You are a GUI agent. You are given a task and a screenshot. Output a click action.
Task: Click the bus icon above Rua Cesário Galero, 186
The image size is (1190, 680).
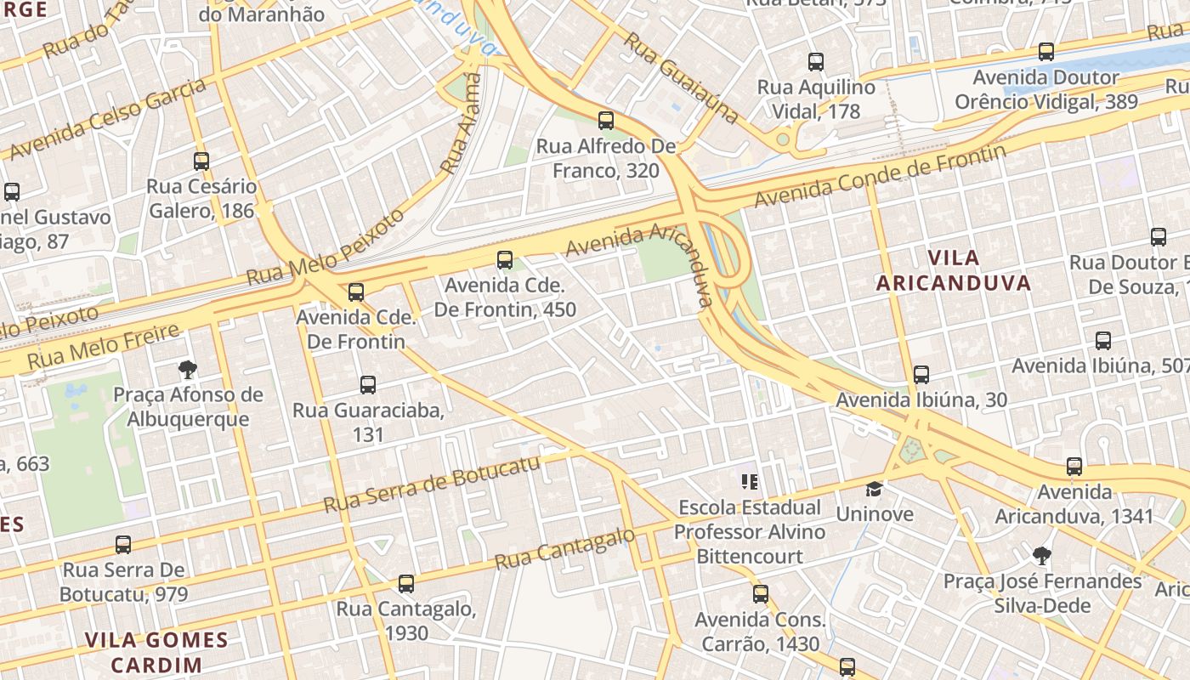[x=201, y=161]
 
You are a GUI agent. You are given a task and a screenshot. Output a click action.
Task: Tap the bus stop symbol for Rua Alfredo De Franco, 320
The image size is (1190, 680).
[x=606, y=121]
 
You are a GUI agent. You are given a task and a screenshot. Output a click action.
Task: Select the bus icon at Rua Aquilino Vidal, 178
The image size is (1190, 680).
[x=816, y=62]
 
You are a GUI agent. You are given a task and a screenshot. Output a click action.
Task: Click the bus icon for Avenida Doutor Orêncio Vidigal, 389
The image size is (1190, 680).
[x=1046, y=52]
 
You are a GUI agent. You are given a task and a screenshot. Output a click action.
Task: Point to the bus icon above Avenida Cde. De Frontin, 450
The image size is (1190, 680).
[x=505, y=260]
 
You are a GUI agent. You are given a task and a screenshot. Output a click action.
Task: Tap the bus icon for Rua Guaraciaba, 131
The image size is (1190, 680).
[x=368, y=385]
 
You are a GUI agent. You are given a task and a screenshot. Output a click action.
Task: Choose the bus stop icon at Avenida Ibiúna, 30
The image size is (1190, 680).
[x=921, y=374]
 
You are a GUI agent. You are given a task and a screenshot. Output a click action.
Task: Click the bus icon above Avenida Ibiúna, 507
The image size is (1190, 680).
[x=1103, y=341]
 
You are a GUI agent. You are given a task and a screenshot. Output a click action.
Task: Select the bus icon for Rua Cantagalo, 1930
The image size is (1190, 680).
[x=406, y=584]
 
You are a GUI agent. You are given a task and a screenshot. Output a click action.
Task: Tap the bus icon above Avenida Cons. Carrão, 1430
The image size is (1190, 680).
[x=761, y=594]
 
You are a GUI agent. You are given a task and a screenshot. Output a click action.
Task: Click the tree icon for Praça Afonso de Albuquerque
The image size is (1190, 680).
[x=188, y=369]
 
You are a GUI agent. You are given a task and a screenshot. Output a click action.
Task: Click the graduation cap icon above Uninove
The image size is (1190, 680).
[x=874, y=489]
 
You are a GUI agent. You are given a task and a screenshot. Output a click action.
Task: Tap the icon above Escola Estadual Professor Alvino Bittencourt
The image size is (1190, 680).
[x=750, y=482]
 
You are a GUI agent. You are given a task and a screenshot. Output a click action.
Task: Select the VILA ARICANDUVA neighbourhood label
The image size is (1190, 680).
[x=954, y=270]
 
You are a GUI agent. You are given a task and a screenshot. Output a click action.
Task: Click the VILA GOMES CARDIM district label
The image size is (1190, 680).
[x=156, y=652]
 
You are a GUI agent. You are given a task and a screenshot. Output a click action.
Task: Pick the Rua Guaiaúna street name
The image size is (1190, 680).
[x=680, y=76]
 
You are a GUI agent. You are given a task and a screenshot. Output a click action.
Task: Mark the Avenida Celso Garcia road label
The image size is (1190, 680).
[x=107, y=118]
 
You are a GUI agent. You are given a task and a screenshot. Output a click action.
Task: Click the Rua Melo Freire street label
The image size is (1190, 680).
[x=103, y=347]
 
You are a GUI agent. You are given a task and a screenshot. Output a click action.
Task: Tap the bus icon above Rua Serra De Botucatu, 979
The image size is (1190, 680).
[x=123, y=544]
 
